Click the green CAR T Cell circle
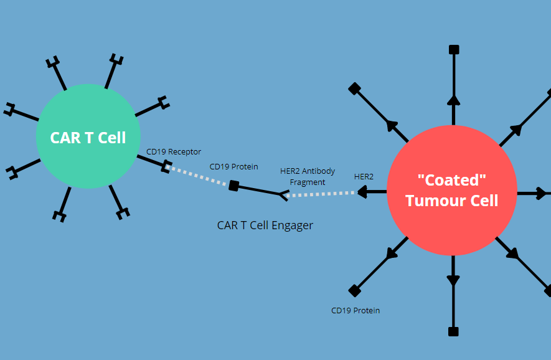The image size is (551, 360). (x=88, y=137)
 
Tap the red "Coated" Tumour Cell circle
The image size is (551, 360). (x=451, y=191)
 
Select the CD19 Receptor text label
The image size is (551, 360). (x=174, y=151)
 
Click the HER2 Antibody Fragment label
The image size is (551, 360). (x=308, y=177)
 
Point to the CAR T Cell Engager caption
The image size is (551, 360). (x=265, y=225)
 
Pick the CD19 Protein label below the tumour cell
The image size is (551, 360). (x=356, y=310)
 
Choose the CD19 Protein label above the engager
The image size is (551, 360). (x=233, y=166)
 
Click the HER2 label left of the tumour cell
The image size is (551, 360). (x=364, y=176)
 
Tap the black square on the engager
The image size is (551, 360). (x=233, y=185)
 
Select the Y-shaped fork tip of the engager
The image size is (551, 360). (x=284, y=196)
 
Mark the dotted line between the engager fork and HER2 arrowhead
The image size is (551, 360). (x=321, y=194)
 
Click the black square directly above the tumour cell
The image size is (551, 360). (x=454, y=49)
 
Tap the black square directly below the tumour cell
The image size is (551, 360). (x=453, y=331)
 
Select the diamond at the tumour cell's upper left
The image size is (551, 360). (x=354, y=88)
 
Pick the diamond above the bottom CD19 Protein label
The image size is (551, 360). (x=354, y=290)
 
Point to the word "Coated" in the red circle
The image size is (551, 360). (x=451, y=180)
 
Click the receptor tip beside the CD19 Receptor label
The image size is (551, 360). (x=166, y=166)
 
